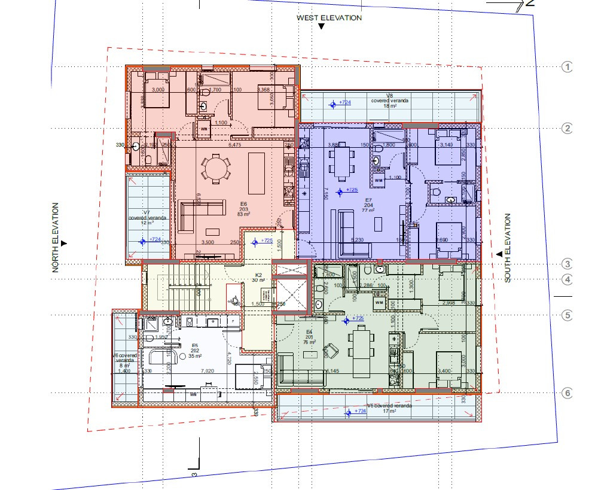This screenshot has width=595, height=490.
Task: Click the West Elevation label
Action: tap(329, 18)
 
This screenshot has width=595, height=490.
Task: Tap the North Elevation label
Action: tap(56, 238)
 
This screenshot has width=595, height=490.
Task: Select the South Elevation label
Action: tap(508, 248)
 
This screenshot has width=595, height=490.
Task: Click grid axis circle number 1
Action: tap(567, 67)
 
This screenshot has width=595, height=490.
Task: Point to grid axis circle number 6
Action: tap(567, 393)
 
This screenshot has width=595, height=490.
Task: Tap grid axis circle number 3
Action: tap(567, 264)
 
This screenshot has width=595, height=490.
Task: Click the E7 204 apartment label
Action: tap(368, 205)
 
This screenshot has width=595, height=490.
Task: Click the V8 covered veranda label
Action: tap(389, 101)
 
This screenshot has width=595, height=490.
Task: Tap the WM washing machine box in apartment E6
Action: tap(204, 129)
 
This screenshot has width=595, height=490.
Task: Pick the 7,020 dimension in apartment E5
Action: tap(208, 372)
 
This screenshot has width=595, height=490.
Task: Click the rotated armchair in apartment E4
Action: tap(330, 349)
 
